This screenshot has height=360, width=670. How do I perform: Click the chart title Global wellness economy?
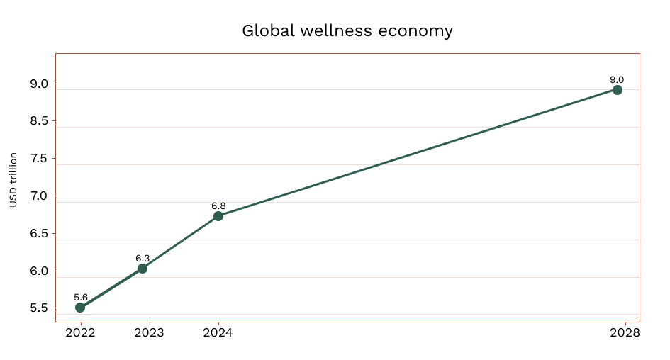[347, 31]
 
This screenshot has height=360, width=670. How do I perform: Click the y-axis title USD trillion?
[13, 179]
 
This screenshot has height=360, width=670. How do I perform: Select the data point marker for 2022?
[80, 308]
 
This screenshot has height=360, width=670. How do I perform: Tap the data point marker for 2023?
[143, 268]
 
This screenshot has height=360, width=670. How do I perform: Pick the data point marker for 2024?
[218, 215]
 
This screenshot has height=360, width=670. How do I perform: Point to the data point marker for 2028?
[618, 90]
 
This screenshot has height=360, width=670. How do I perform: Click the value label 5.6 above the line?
[81, 298]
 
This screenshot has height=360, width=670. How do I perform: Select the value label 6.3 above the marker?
[143, 258]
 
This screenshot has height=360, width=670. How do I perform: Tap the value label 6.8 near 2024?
[218, 206]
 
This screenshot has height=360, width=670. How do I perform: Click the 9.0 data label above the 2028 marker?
[617, 79]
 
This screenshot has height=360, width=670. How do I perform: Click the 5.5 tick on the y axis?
[39, 308]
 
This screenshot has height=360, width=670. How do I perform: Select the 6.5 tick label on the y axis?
[39, 234]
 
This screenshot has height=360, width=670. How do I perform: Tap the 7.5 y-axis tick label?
[39, 159]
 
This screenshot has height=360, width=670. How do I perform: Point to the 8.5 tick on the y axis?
[39, 121]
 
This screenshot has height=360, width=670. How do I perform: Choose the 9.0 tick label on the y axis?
[39, 84]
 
